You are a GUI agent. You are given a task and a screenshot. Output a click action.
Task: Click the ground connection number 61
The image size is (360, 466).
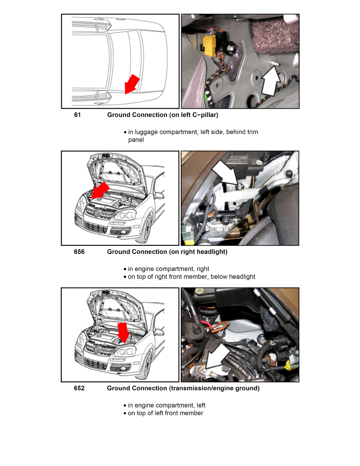77,115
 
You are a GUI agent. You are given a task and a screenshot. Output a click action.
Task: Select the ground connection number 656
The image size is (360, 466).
79,252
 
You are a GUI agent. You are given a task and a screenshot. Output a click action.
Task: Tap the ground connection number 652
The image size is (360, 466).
79,388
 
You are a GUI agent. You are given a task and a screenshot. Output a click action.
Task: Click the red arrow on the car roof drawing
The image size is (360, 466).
131,84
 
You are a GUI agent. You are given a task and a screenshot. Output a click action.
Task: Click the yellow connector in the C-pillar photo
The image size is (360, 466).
209,45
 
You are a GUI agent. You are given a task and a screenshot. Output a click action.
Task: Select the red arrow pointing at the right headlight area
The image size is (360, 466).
100,191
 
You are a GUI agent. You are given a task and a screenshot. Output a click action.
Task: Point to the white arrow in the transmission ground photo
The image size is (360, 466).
217,357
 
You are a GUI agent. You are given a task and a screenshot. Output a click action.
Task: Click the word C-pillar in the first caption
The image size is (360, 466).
205,115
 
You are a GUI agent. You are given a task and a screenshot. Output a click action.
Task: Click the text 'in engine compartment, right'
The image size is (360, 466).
168,269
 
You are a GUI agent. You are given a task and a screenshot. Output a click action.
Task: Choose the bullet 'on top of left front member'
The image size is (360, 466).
165,413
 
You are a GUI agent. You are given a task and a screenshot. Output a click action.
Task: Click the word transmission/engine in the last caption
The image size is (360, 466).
199,388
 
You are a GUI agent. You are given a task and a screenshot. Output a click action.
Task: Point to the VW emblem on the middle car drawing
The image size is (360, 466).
96,213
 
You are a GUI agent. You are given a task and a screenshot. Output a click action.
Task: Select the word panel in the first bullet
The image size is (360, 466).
136,140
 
